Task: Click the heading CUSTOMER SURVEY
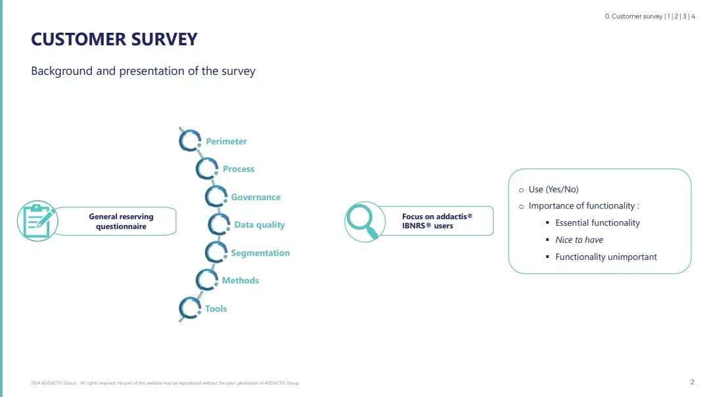[x=114, y=39]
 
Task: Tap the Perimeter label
[x=226, y=141]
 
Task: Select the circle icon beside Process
[x=206, y=169]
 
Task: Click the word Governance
[x=256, y=197]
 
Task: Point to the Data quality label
[x=260, y=224]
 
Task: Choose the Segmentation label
[x=260, y=253]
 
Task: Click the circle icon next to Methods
[x=206, y=280]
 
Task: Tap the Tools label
[x=216, y=308]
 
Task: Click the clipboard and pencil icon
[x=37, y=220]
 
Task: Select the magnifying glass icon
[x=363, y=220]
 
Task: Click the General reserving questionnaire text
[x=121, y=221]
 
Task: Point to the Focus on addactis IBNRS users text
[x=437, y=221]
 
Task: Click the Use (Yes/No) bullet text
[x=553, y=189]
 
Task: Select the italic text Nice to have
[x=579, y=240]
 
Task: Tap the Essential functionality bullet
[x=597, y=222]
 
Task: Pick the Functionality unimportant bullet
[x=606, y=257]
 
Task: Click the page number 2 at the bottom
[x=692, y=382]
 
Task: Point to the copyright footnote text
[x=165, y=383]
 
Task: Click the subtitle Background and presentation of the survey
[x=143, y=71]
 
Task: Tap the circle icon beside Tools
[x=190, y=308]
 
